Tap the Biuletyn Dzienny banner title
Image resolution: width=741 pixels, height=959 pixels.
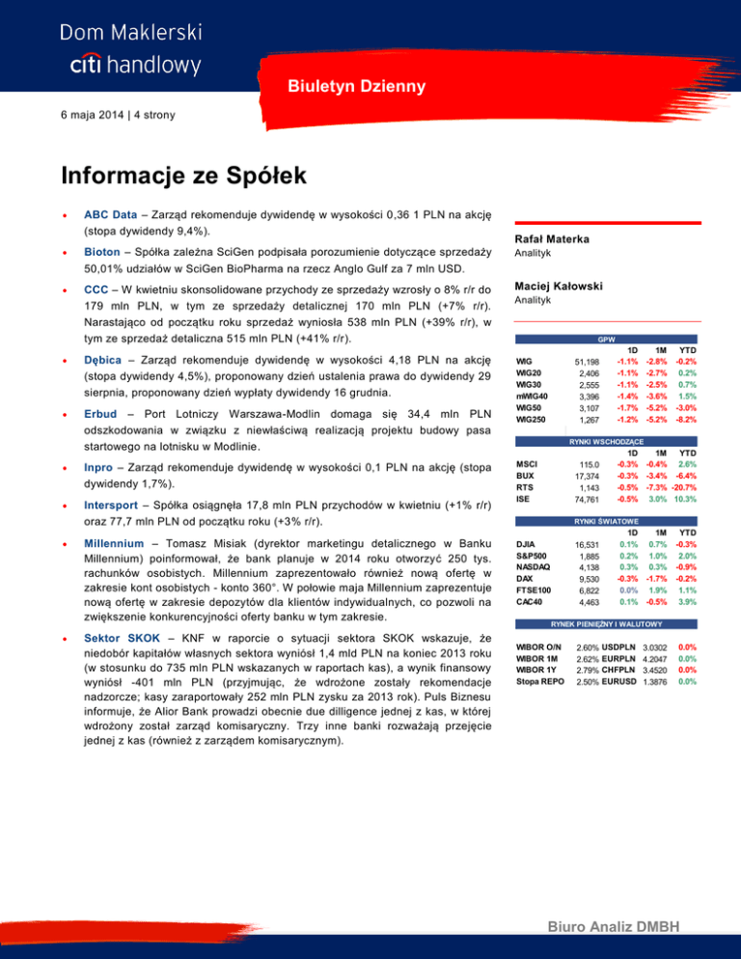coord(355,87)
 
